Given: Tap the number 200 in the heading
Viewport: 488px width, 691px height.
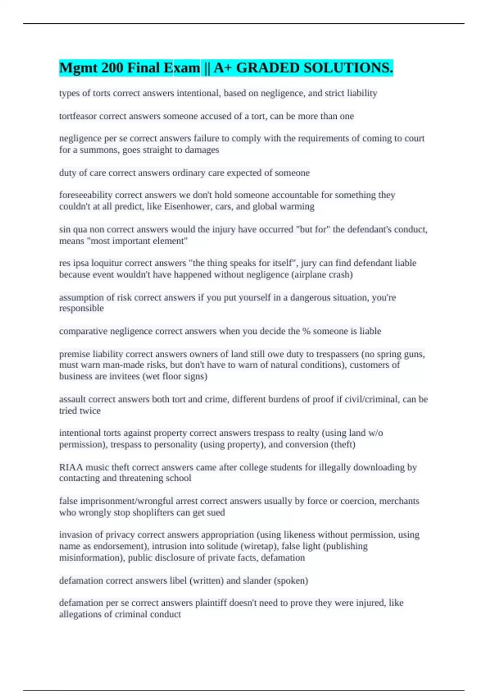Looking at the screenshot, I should click(113, 68).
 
